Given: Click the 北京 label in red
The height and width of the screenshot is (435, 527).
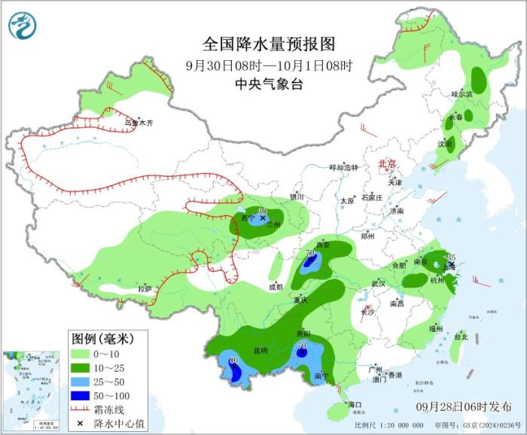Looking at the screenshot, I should pos(386,163).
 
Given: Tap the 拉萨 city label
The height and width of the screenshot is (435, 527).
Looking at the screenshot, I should pos(144,289).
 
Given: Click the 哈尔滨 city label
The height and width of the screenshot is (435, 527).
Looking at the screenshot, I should pos(462,94).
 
